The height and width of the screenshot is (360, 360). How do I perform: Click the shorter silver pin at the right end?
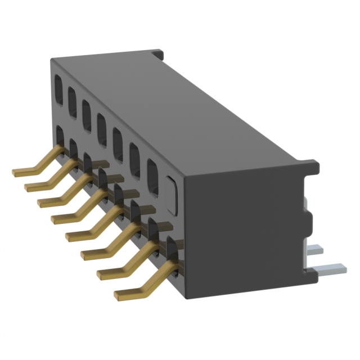(x=316, y=248)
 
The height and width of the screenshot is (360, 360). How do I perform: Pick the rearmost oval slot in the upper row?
(x=58, y=90)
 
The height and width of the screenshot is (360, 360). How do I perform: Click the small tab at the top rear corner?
(x=158, y=55)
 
